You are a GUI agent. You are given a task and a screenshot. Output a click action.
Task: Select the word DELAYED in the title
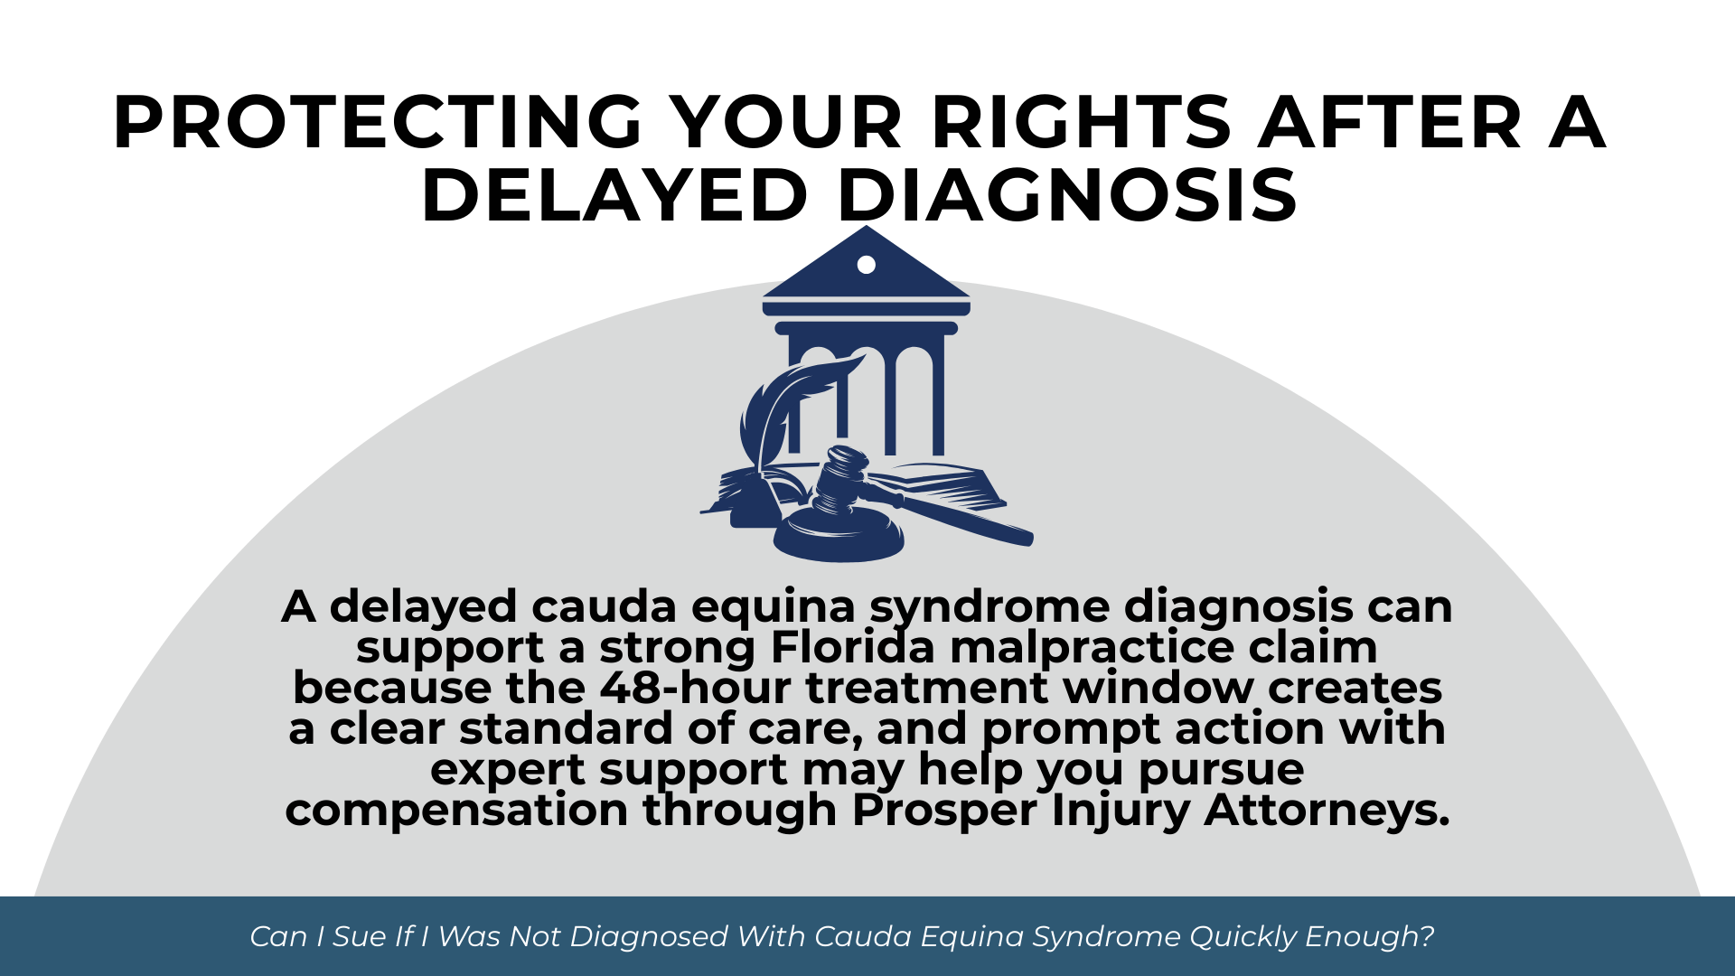click(614, 196)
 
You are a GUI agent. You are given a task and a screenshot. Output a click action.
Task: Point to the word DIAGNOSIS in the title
click(1067, 196)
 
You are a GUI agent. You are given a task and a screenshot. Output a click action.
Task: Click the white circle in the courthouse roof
click(866, 265)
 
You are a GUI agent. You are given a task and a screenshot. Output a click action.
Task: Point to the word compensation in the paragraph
click(456, 810)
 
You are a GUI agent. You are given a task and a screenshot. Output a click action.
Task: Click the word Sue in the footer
click(360, 936)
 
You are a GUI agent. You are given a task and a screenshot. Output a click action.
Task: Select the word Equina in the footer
click(971, 936)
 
